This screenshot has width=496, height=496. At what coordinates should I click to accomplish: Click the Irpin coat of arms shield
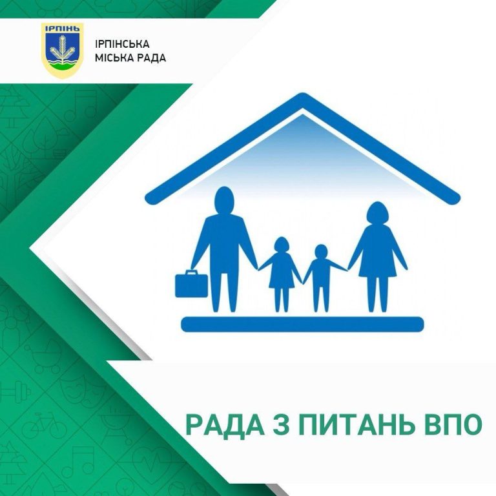coord(63,50)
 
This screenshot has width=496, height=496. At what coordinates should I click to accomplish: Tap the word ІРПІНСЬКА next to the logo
coord(122,44)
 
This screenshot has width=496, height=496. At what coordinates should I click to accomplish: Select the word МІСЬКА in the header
coord(112,58)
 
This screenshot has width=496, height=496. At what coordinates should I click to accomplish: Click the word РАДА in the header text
coord(149,58)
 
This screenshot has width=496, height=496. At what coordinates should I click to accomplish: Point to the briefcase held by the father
coord(191,284)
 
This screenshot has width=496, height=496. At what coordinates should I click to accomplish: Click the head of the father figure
coord(224,201)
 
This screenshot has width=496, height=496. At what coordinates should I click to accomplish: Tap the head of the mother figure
coord(377,214)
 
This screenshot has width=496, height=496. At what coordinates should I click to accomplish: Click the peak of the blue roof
coord(302,96)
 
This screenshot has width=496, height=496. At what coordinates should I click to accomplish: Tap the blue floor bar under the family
coord(302,324)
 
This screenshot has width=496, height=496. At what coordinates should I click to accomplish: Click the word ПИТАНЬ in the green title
coord(356,425)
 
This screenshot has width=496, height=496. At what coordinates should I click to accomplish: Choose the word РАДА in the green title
coord(225,426)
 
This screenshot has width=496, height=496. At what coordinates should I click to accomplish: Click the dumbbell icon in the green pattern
coord(15,393)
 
